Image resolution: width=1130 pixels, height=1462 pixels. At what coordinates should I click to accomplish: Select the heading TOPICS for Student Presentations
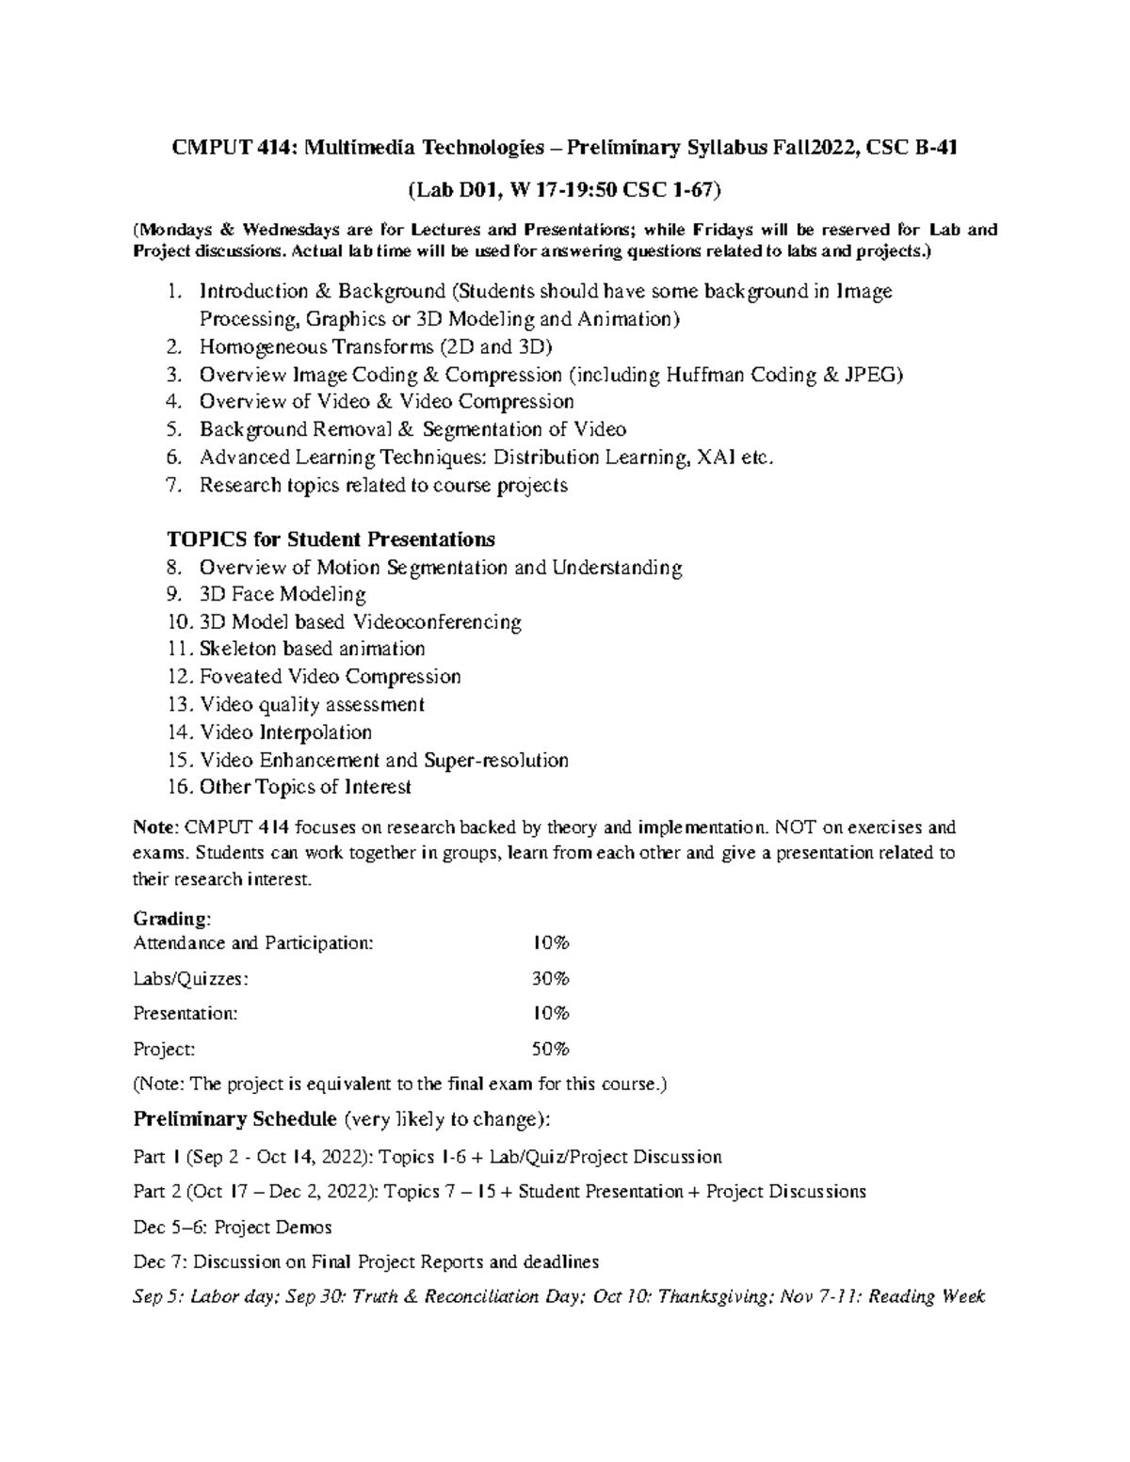tap(331, 539)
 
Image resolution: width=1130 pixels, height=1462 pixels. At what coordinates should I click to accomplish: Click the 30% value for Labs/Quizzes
tap(551, 979)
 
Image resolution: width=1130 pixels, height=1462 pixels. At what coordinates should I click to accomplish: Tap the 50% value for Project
tap(551, 1049)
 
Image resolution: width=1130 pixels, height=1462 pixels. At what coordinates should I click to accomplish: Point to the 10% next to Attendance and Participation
tap(551, 943)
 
